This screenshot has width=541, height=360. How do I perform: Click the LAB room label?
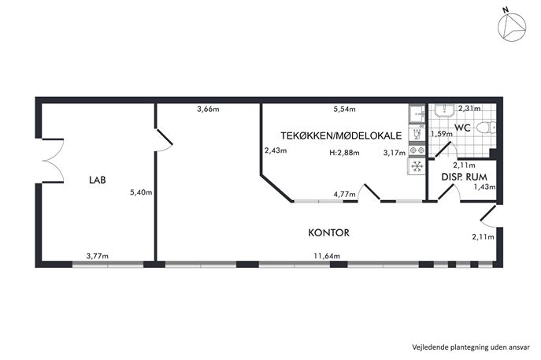point(98,180)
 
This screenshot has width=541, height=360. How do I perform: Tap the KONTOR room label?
point(329,232)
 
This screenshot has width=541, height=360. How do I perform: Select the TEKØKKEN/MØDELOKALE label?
point(341,135)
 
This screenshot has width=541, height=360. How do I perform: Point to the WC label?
point(462,128)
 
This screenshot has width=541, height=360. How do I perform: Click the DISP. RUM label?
point(465,177)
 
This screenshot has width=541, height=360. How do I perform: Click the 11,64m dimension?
point(327,256)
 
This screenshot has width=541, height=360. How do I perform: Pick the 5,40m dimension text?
point(141,192)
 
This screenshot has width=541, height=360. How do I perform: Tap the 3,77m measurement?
point(98,256)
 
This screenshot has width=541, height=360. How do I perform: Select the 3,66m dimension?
point(208,109)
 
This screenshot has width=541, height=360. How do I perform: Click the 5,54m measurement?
point(344,109)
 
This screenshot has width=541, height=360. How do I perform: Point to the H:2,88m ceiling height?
point(344,152)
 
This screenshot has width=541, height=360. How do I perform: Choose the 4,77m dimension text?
point(344,195)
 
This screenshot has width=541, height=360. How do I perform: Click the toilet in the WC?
point(487,128)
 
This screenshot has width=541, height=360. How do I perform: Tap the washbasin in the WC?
point(444,110)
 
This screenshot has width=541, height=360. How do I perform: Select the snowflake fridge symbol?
point(417,166)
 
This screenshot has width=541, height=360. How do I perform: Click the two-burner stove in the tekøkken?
point(417,150)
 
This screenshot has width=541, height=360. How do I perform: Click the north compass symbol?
point(512,28)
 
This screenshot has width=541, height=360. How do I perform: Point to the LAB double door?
point(53,161)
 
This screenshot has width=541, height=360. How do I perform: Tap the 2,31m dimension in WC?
point(469,109)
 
